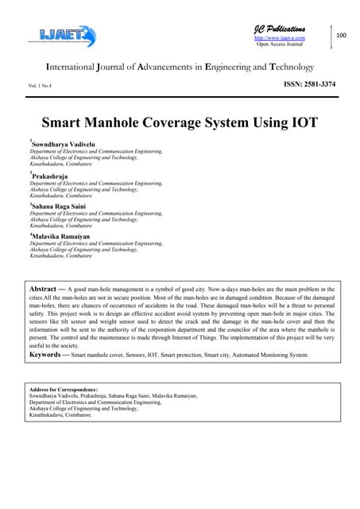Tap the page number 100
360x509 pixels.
(342, 36)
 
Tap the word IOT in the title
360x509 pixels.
(302, 123)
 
